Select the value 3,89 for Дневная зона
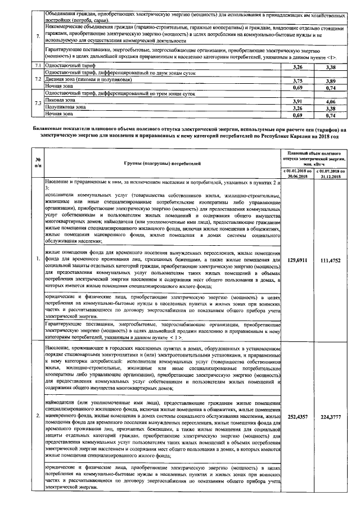pos(330,81)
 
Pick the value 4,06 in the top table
pos(330,101)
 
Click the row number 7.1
pos(37,67)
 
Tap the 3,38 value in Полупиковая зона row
pos(330,108)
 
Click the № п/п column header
pos(37,163)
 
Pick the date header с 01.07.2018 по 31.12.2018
pos(330,173)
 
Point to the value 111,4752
pos(330,260)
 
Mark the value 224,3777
pos(330,417)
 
